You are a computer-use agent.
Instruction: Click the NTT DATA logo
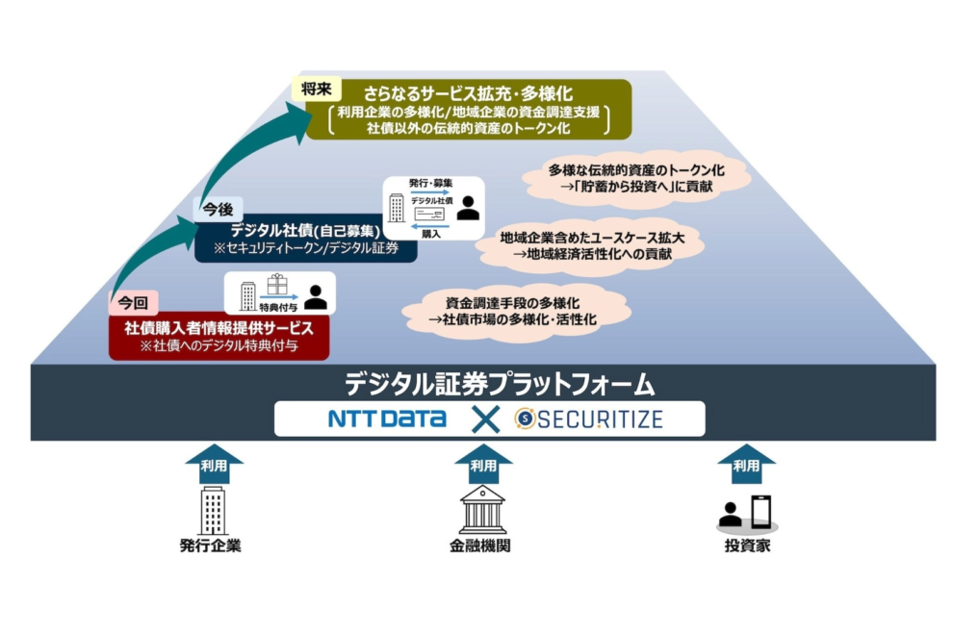[x=386, y=419]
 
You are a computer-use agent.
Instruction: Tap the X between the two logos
[x=485, y=419]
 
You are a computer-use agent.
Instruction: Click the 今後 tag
[x=217, y=207]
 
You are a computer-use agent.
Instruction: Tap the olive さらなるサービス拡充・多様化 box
[x=469, y=110]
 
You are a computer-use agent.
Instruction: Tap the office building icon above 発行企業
[x=213, y=510]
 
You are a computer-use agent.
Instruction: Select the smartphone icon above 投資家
[x=760, y=511]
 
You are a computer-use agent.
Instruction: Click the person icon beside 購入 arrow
[x=468, y=207]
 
